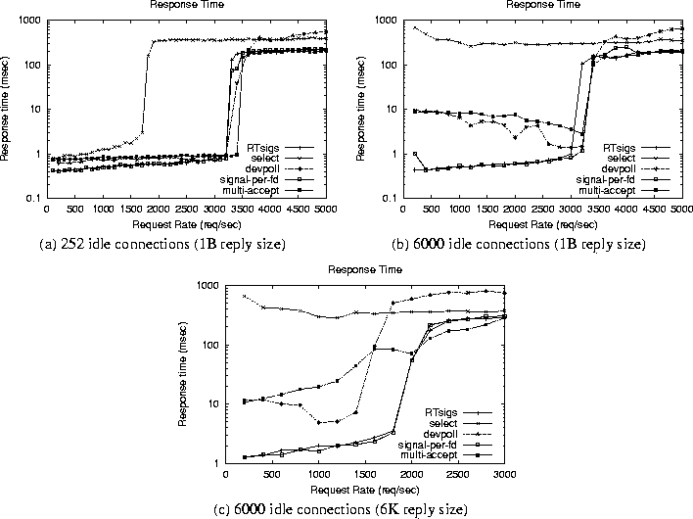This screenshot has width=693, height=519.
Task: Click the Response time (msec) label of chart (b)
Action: click(366, 109)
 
